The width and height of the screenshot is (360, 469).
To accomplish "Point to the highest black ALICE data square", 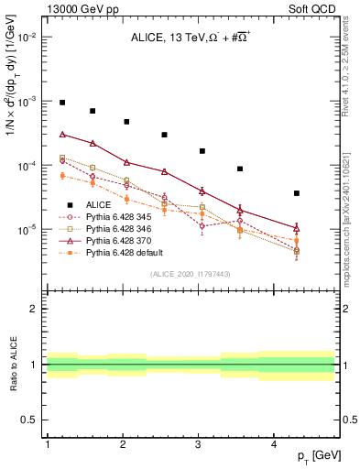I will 62,103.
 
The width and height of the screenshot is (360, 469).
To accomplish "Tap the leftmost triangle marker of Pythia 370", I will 62,134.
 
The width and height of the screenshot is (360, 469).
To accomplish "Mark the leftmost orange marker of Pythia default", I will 62,175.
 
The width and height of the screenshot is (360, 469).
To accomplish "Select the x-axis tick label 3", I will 199,444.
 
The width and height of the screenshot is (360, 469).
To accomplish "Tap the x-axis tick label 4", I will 274,444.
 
